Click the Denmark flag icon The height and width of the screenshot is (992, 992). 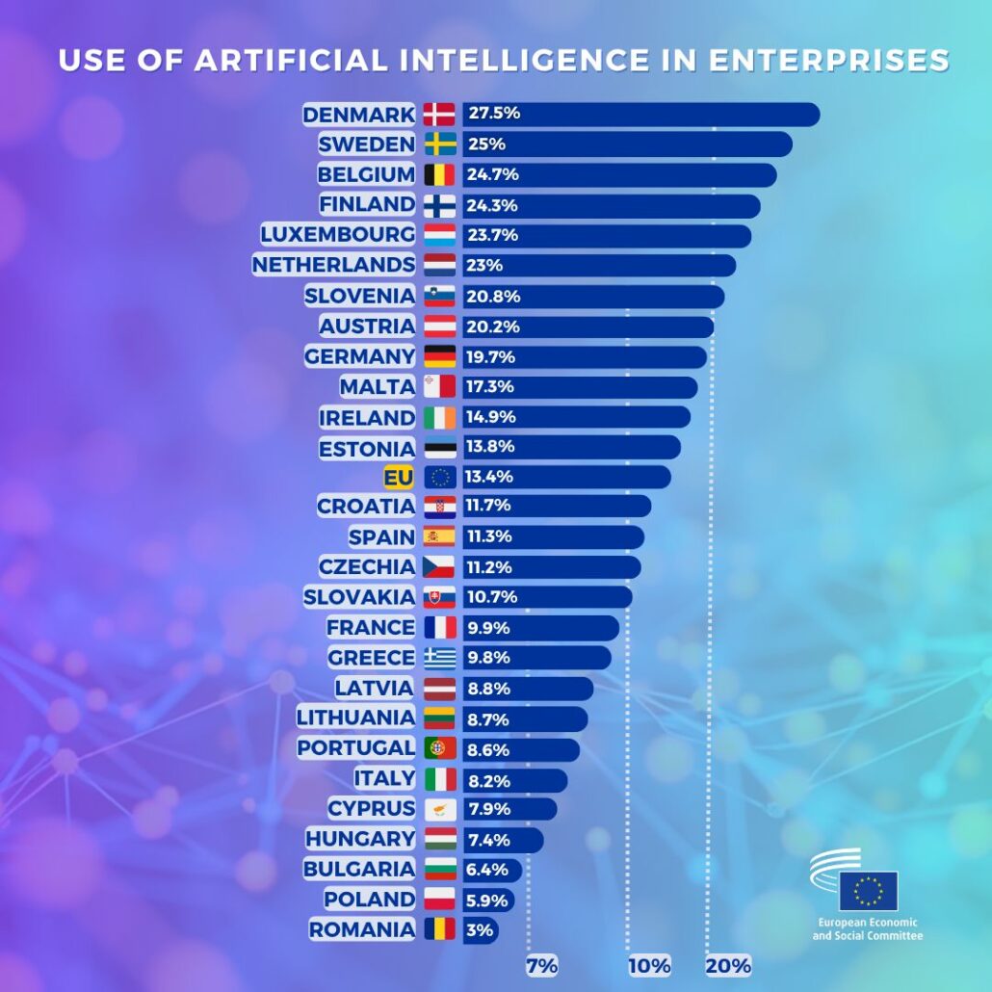click(x=439, y=114)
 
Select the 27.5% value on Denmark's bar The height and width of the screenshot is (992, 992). click(x=494, y=114)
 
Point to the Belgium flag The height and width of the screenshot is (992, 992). click(x=439, y=174)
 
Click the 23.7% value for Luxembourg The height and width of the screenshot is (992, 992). click(x=493, y=235)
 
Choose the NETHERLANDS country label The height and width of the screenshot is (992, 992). click(x=333, y=265)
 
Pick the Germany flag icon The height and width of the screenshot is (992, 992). click(x=439, y=356)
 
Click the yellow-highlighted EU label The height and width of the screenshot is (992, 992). click(x=398, y=477)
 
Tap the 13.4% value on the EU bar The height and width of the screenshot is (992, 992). click(x=491, y=477)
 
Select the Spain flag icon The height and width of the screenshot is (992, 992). click(x=439, y=536)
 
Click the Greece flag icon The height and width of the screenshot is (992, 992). click(x=439, y=658)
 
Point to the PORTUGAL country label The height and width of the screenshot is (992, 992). click(x=356, y=747)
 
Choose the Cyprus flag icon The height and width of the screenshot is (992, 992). click(x=439, y=808)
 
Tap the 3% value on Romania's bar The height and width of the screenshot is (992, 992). click(x=481, y=930)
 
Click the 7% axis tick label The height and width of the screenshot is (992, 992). click(x=542, y=966)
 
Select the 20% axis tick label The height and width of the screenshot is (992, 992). click(x=728, y=966)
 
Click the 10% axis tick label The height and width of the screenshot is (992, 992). click(x=649, y=966)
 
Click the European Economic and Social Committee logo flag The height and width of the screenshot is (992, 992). click(x=868, y=891)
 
